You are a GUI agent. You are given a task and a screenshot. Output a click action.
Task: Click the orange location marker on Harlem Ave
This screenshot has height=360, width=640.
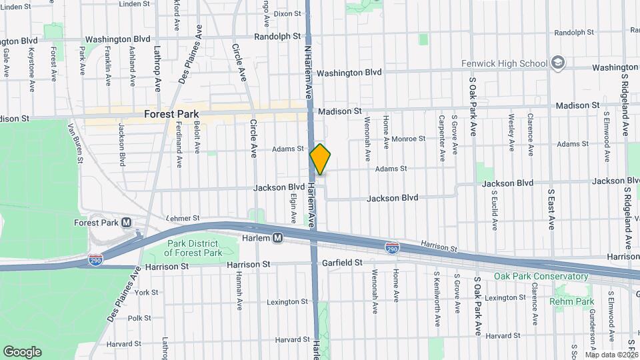(x=320, y=159)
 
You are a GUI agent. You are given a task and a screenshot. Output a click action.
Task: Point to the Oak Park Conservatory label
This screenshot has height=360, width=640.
(x=541, y=276)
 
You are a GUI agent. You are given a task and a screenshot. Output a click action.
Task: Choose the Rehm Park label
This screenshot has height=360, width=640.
(x=571, y=301)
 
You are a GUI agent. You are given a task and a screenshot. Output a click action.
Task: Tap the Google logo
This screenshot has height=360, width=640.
(x=22, y=351)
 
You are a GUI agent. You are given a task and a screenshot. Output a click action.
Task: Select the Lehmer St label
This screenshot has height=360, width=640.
(x=182, y=218)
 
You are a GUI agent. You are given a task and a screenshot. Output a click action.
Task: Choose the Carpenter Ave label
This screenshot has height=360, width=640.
(x=441, y=137)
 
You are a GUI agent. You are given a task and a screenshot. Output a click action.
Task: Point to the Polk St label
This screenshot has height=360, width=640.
(x=135, y=319)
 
